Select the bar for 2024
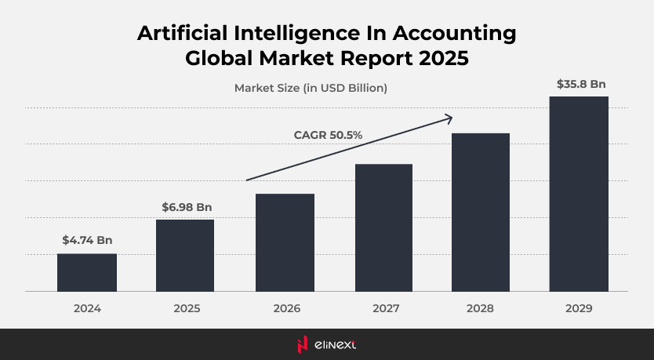click(x=87, y=272)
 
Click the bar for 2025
click(x=185, y=255)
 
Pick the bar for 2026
click(x=285, y=242)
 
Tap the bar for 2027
click(x=383, y=227)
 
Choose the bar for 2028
click(x=481, y=212)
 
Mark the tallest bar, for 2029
click(x=579, y=194)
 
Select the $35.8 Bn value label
click(x=581, y=84)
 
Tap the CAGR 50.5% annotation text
click(x=328, y=135)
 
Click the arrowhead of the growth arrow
click(x=449, y=118)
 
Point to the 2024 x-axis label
click(x=87, y=309)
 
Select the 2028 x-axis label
click(x=481, y=309)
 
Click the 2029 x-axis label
click(x=579, y=309)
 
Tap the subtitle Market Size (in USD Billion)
click(x=311, y=88)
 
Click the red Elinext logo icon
click(x=302, y=344)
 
